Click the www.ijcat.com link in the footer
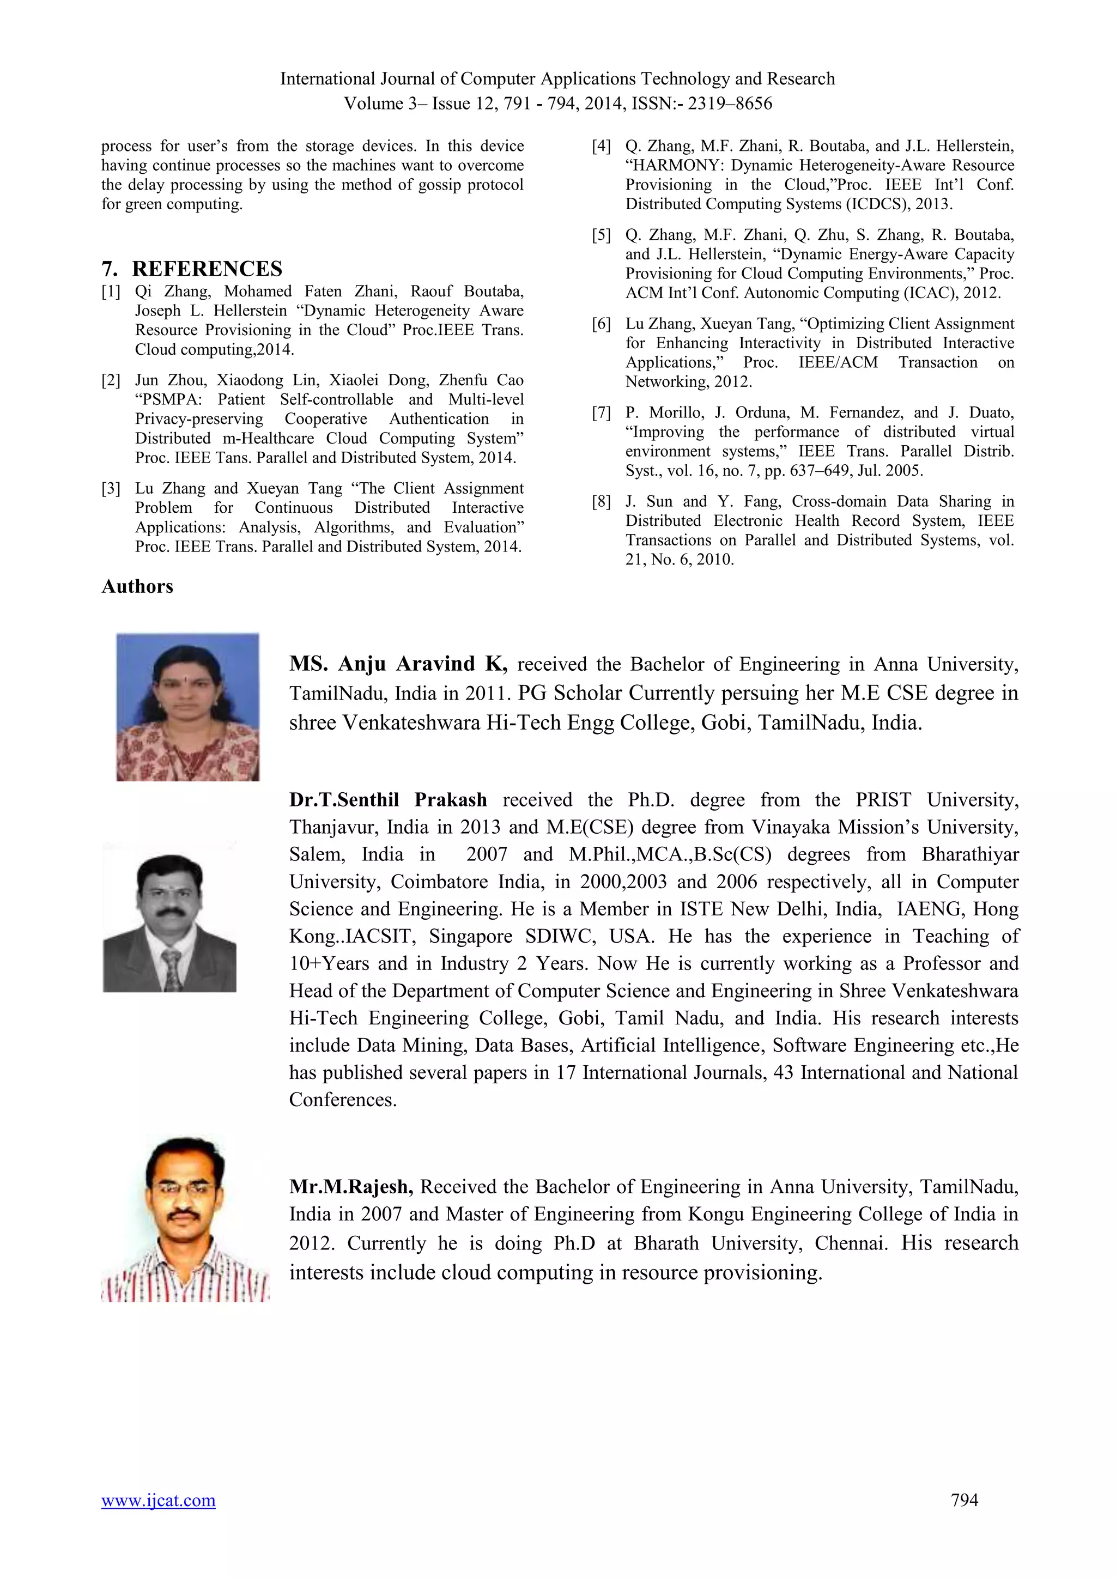pos(158,1500)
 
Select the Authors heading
pos(137,586)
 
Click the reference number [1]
pos(111,292)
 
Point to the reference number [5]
pos(601,235)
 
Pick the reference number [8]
pos(601,502)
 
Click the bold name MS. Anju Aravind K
pos(398,664)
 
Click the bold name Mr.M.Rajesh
pos(351,1187)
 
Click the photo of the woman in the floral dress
pos(187,707)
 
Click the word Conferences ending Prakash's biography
pos(342,1100)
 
